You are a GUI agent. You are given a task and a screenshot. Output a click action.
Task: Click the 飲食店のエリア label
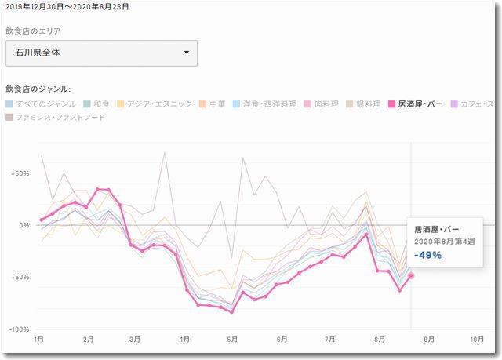point(33,31)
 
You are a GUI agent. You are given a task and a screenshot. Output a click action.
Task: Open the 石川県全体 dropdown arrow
point(186,53)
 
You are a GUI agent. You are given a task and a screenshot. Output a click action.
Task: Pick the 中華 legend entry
point(211,104)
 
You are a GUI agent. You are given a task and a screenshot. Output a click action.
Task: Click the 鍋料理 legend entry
point(365,104)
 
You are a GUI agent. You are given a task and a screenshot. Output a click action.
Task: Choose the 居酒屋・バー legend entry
point(418,104)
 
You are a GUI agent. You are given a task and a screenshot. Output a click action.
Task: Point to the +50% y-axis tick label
point(20,173)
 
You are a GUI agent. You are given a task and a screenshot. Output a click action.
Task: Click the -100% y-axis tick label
point(19,329)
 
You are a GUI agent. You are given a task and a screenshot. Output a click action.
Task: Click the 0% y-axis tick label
point(24,225)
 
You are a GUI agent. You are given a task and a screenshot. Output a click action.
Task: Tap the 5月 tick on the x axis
point(232,340)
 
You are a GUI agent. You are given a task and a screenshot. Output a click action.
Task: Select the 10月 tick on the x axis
point(476,340)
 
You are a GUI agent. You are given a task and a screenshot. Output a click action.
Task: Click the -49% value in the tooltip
point(428,255)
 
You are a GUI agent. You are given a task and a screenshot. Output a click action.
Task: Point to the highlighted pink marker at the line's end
point(411,275)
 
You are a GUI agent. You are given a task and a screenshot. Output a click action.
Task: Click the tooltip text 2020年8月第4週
point(443,242)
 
